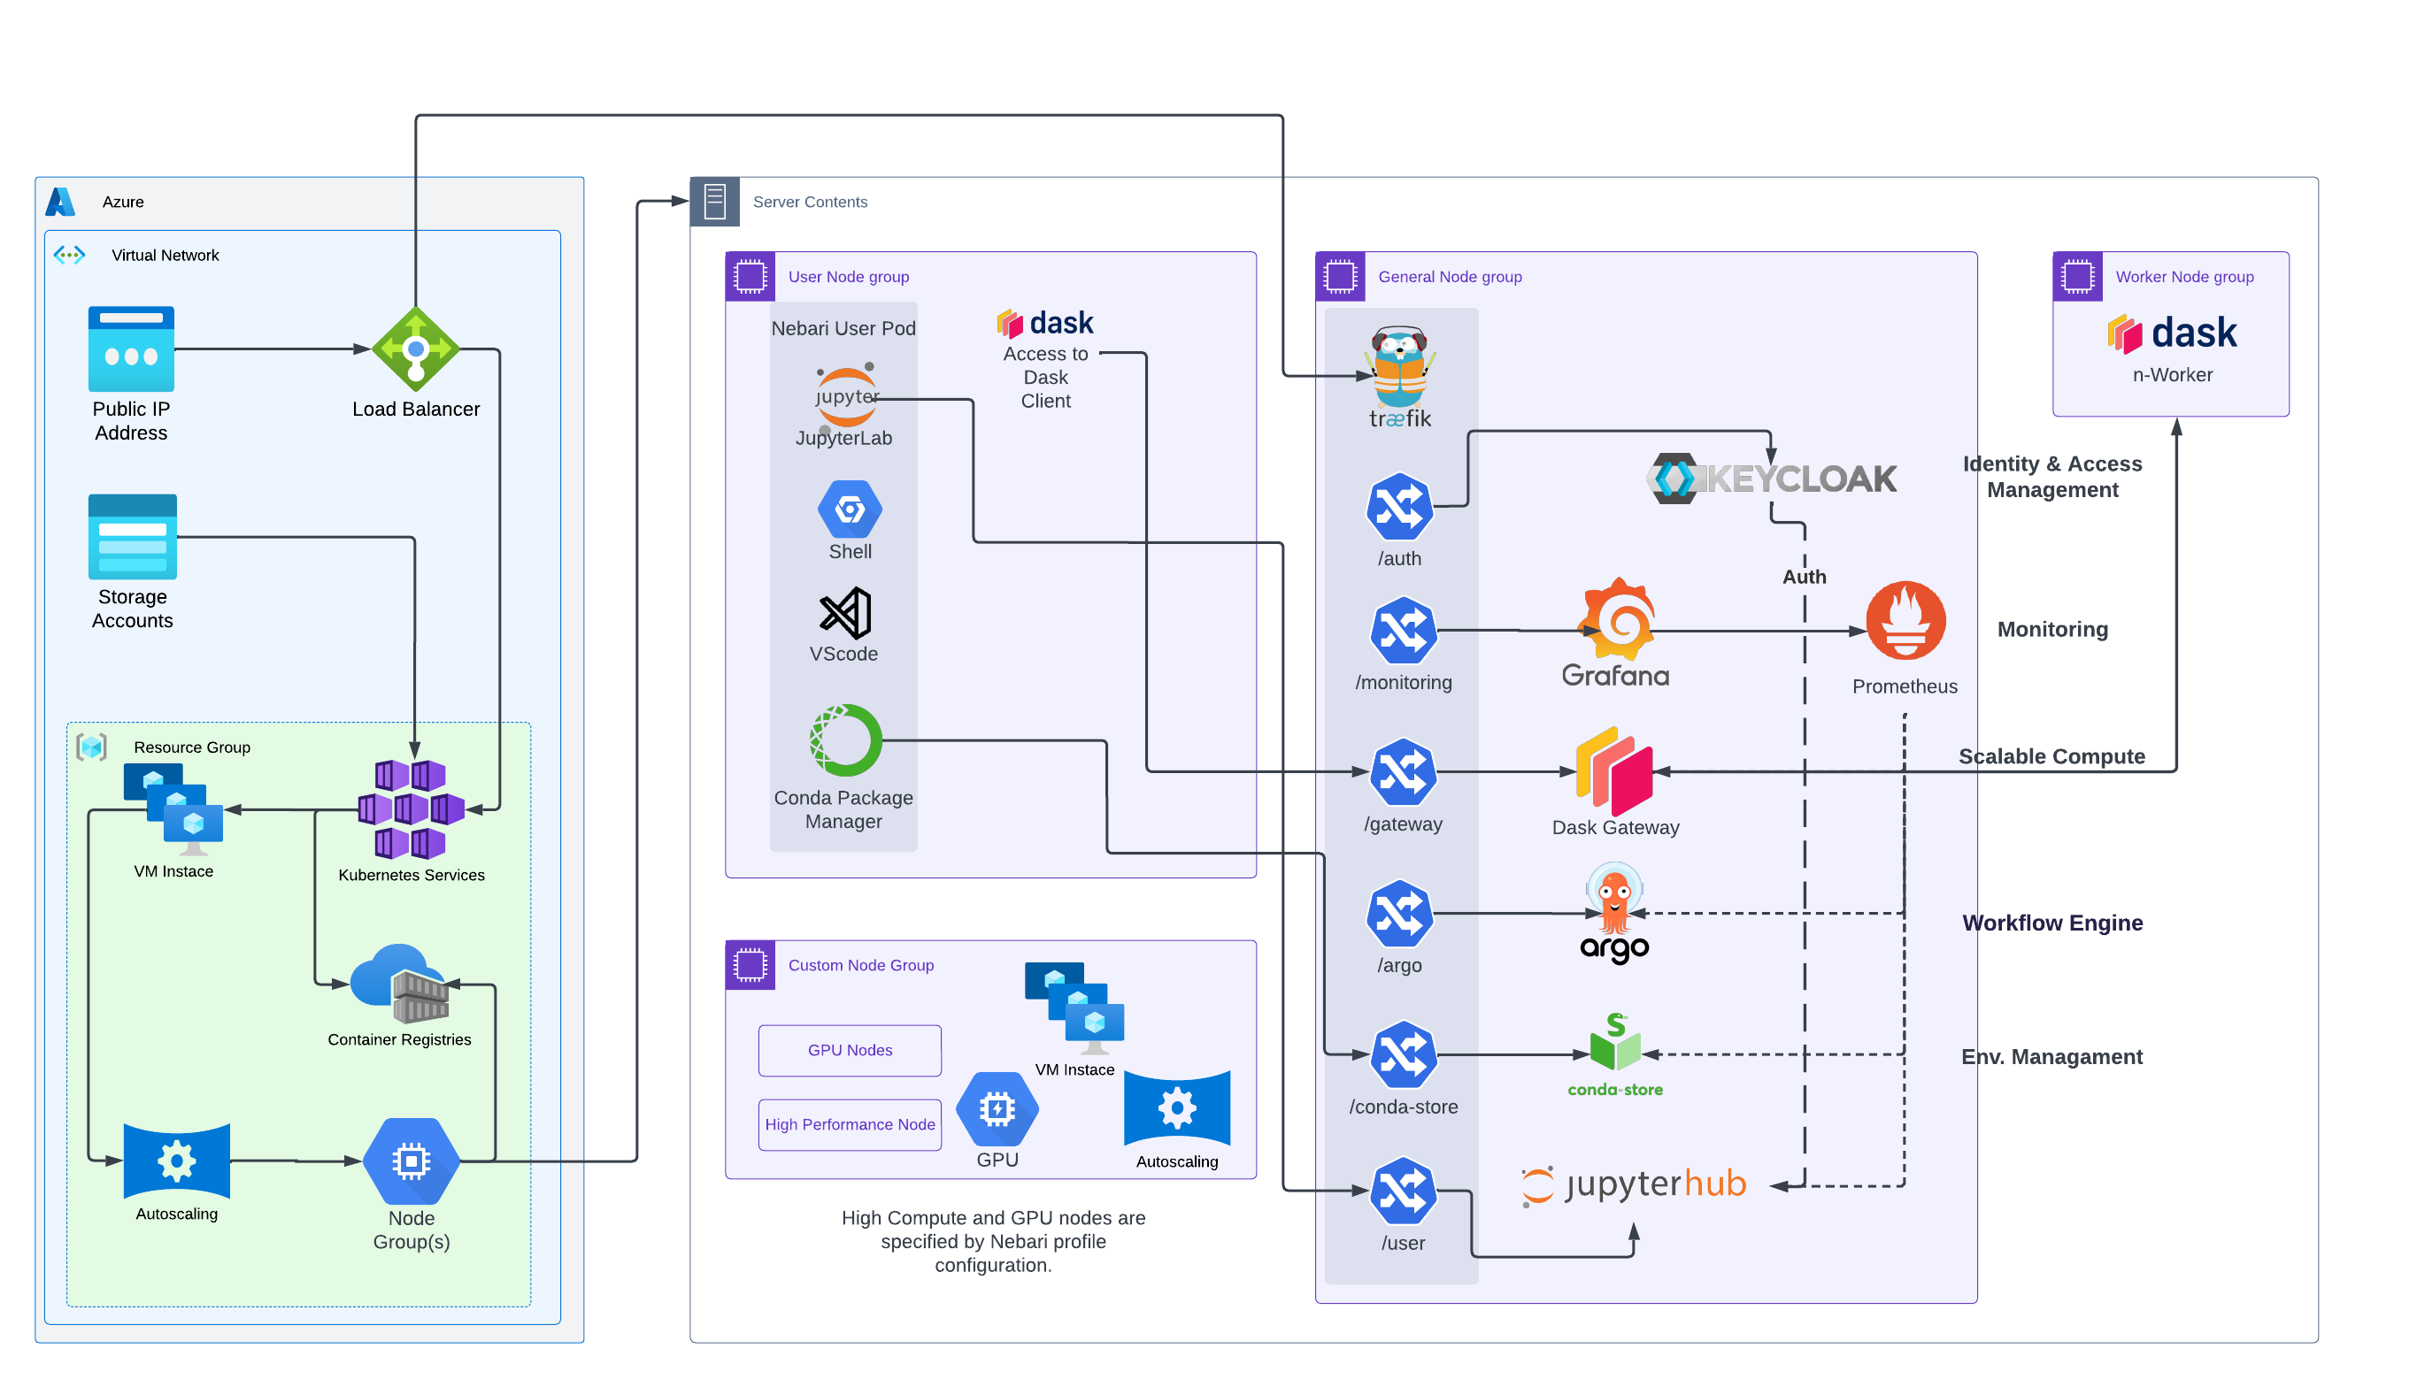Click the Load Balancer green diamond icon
pyautogui.click(x=415, y=349)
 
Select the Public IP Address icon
pyautogui.click(x=131, y=349)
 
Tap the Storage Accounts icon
pyautogui.click(x=132, y=536)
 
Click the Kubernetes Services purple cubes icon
pyautogui.click(x=411, y=808)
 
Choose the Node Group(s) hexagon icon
pyautogui.click(x=412, y=1161)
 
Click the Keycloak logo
pyautogui.click(x=1772, y=479)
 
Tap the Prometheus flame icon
pyautogui.click(x=1905, y=620)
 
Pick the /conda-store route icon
pyautogui.click(x=1402, y=1054)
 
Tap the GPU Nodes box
pyautogui.click(x=850, y=1049)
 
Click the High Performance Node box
pyautogui.click(x=850, y=1124)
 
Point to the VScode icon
pyautogui.click(x=844, y=614)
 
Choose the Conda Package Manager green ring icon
pyautogui.click(x=845, y=739)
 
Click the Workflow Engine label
pyautogui.click(x=2052, y=923)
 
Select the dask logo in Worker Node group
pyautogui.click(x=2172, y=333)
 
